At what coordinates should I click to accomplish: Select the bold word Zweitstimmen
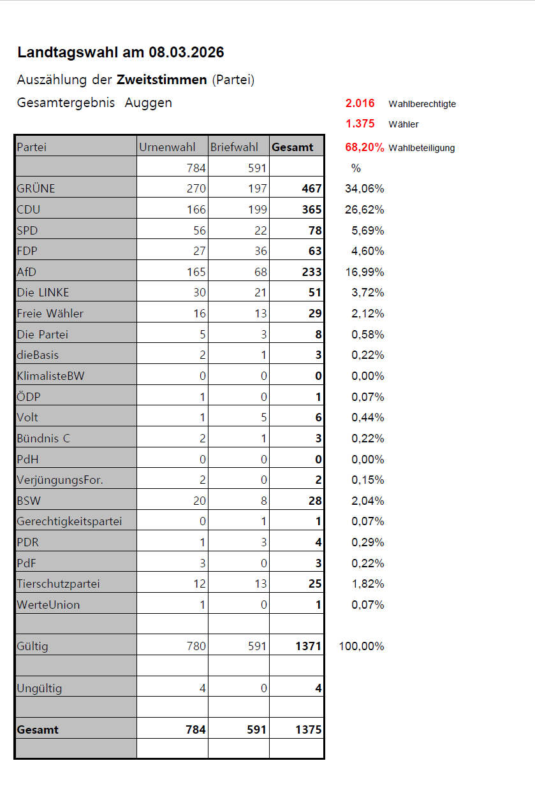[162, 80]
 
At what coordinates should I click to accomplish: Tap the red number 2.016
[360, 103]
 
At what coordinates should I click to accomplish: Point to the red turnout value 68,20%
[365, 147]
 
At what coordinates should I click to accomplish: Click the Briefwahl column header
[235, 147]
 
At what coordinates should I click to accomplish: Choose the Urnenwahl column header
[168, 147]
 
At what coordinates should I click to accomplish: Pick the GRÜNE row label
[36, 189]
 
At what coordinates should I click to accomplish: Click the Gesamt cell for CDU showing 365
[311, 209]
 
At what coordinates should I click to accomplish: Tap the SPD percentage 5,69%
[369, 230]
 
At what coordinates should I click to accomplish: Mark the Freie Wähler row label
[50, 314]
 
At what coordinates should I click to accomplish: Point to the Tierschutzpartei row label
[59, 584]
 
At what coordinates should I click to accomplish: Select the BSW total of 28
[315, 501]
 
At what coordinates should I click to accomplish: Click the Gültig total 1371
[309, 646]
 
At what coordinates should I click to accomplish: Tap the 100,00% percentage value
[362, 646]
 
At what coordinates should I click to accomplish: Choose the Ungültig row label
[40, 688]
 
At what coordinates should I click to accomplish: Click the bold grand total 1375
[309, 730]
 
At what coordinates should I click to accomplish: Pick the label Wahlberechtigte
[422, 104]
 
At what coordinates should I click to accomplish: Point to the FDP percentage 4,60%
[369, 251]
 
